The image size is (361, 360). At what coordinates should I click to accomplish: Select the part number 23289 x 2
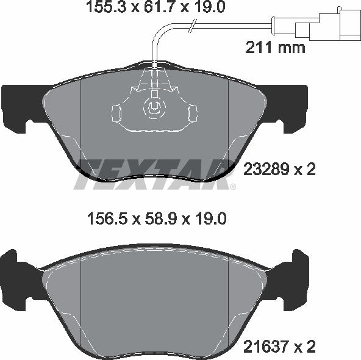pos(279,169)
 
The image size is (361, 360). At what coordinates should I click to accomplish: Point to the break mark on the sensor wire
pos(193,25)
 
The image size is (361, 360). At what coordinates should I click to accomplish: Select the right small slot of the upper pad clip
pos(192,113)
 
